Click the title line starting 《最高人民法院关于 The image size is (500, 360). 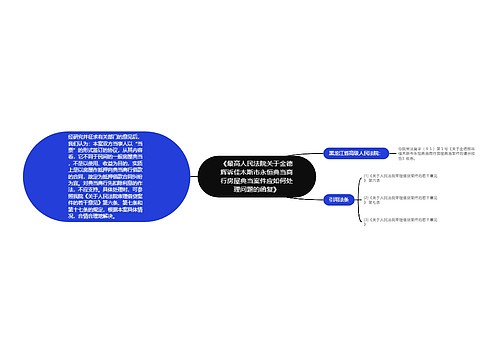257,161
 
